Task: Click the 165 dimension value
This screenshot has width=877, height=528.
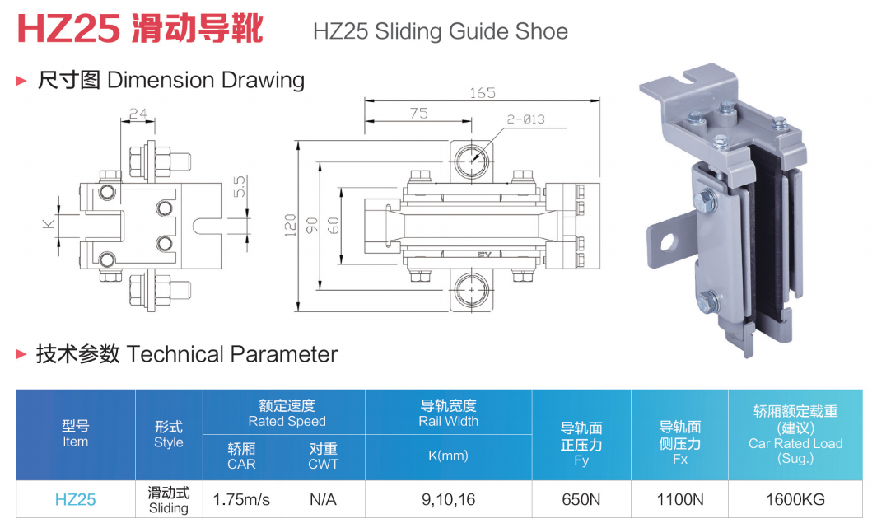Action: [x=482, y=93]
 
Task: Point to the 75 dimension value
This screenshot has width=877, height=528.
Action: [x=419, y=114]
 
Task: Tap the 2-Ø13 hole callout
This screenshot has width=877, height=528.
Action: [x=525, y=119]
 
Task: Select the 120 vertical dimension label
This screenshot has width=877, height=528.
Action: [x=291, y=225]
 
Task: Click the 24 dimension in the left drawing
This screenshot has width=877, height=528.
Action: [x=138, y=114]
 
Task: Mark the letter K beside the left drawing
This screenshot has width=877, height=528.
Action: [x=49, y=224]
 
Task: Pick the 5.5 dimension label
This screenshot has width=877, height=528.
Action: [x=240, y=186]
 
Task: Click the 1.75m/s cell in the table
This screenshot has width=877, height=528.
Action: [x=241, y=499]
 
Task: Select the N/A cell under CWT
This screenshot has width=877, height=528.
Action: [x=324, y=499]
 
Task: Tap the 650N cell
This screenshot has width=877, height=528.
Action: [x=581, y=499]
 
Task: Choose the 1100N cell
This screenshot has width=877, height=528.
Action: [x=679, y=499]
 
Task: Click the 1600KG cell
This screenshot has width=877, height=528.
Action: [x=795, y=499]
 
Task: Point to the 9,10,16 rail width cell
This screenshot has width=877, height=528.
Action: [x=448, y=499]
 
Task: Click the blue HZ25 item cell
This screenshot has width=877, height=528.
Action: [x=76, y=499]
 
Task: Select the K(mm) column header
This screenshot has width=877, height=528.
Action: [x=448, y=456]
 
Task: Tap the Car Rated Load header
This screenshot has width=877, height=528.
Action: [x=795, y=443]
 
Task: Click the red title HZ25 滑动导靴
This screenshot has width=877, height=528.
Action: [x=140, y=28]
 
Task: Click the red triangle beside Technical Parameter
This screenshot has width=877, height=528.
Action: [x=21, y=354]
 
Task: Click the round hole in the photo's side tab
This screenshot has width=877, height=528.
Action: [x=667, y=243]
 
